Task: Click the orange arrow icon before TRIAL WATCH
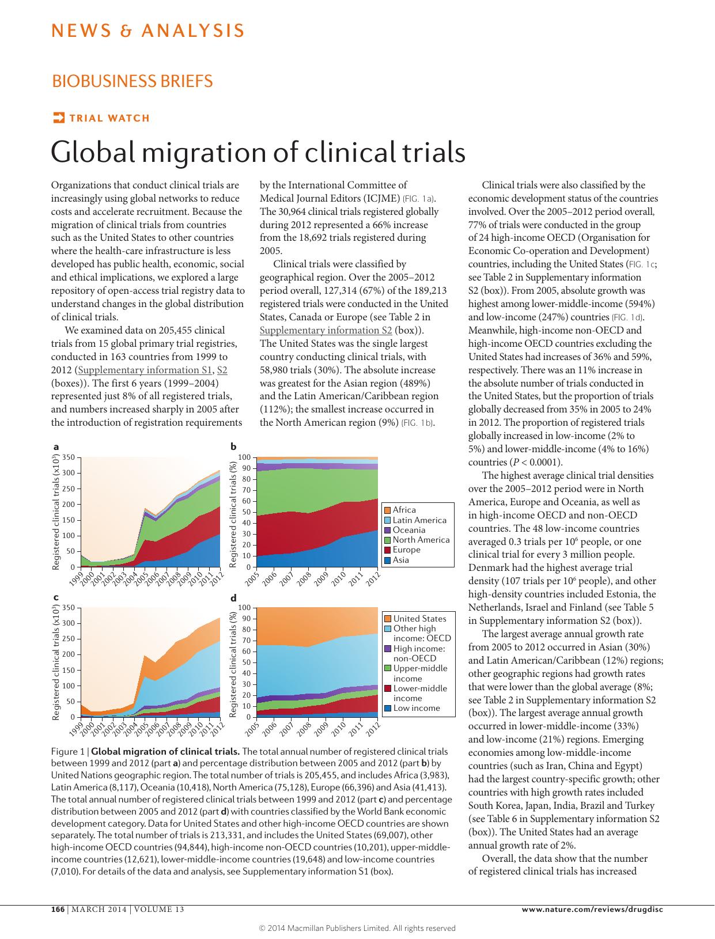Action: (x=58, y=118)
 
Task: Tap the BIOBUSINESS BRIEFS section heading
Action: (x=132, y=81)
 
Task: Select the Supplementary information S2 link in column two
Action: (x=326, y=330)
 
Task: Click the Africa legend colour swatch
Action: (x=388, y=510)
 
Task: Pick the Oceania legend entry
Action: (x=408, y=530)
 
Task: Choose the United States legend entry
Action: (x=419, y=619)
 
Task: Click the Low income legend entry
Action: (x=416, y=708)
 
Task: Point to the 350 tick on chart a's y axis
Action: (x=68, y=457)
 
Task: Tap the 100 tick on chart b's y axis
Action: (x=244, y=457)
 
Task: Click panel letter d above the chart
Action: (x=233, y=599)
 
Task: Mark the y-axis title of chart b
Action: (x=233, y=513)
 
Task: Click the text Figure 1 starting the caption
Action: (x=68, y=751)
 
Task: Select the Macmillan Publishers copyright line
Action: (x=357, y=928)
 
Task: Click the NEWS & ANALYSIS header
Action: (x=147, y=31)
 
